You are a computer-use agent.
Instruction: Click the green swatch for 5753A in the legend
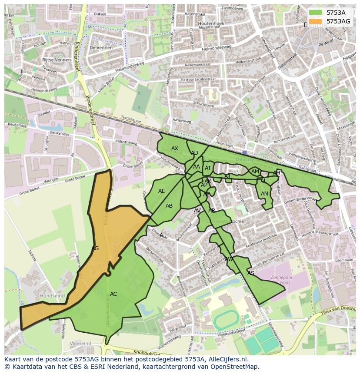[316, 13]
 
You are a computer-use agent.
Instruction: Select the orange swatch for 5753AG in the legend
[316, 21]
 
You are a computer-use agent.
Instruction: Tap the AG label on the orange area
[95, 248]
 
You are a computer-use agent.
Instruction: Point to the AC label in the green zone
[113, 294]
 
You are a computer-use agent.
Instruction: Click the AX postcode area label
[175, 149]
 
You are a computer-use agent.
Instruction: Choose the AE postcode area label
[162, 191]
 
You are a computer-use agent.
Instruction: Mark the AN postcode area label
[264, 194]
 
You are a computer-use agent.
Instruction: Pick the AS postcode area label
[251, 273]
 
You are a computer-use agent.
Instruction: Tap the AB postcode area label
[169, 206]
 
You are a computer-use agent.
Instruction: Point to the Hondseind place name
[52, 296]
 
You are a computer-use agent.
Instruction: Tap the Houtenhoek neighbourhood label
[211, 23]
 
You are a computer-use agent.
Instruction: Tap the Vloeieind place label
[80, 344]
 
